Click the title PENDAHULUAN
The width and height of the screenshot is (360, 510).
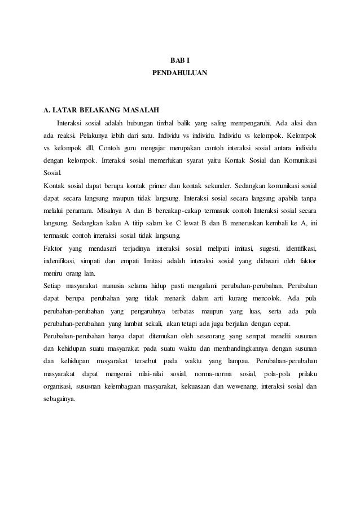tap(179, 73)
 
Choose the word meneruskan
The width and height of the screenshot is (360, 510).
tap(252, 224)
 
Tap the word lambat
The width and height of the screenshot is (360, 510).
tap(131, 324)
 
